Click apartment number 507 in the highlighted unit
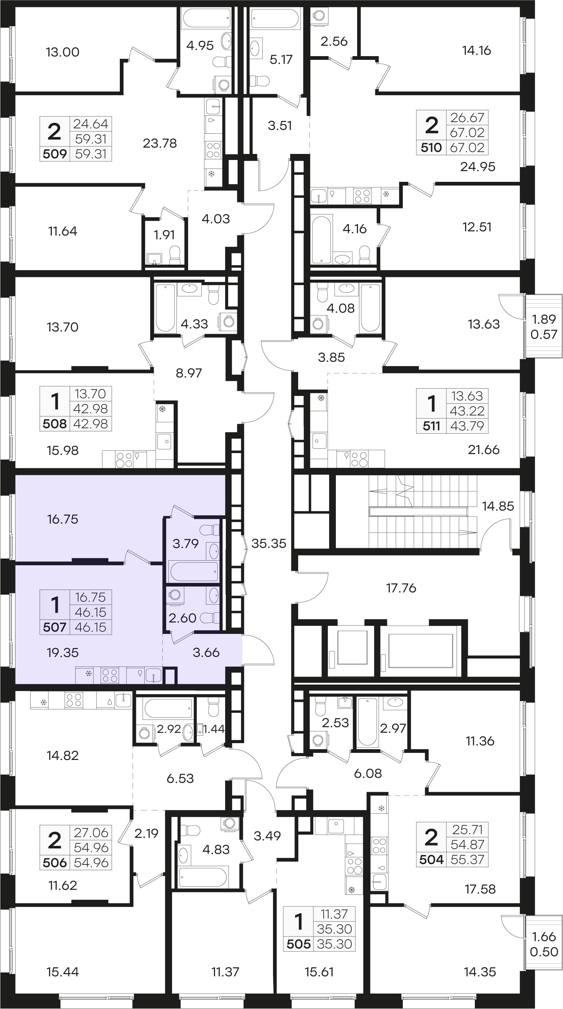(55, 627)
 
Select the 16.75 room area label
(63, 519)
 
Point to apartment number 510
(431, 148)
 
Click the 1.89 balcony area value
(544, 319)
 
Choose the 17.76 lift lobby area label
(401, 588)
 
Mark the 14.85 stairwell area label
(498, 506)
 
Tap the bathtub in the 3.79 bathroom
(193, 572)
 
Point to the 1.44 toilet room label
(214, 729)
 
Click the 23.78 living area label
(160, 144)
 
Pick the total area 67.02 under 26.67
(467, 132)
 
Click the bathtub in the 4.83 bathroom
(203, 877)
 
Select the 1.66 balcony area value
(544, 936)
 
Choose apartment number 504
(431, 859)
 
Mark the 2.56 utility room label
(334, 41)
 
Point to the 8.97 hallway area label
(189, 373)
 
